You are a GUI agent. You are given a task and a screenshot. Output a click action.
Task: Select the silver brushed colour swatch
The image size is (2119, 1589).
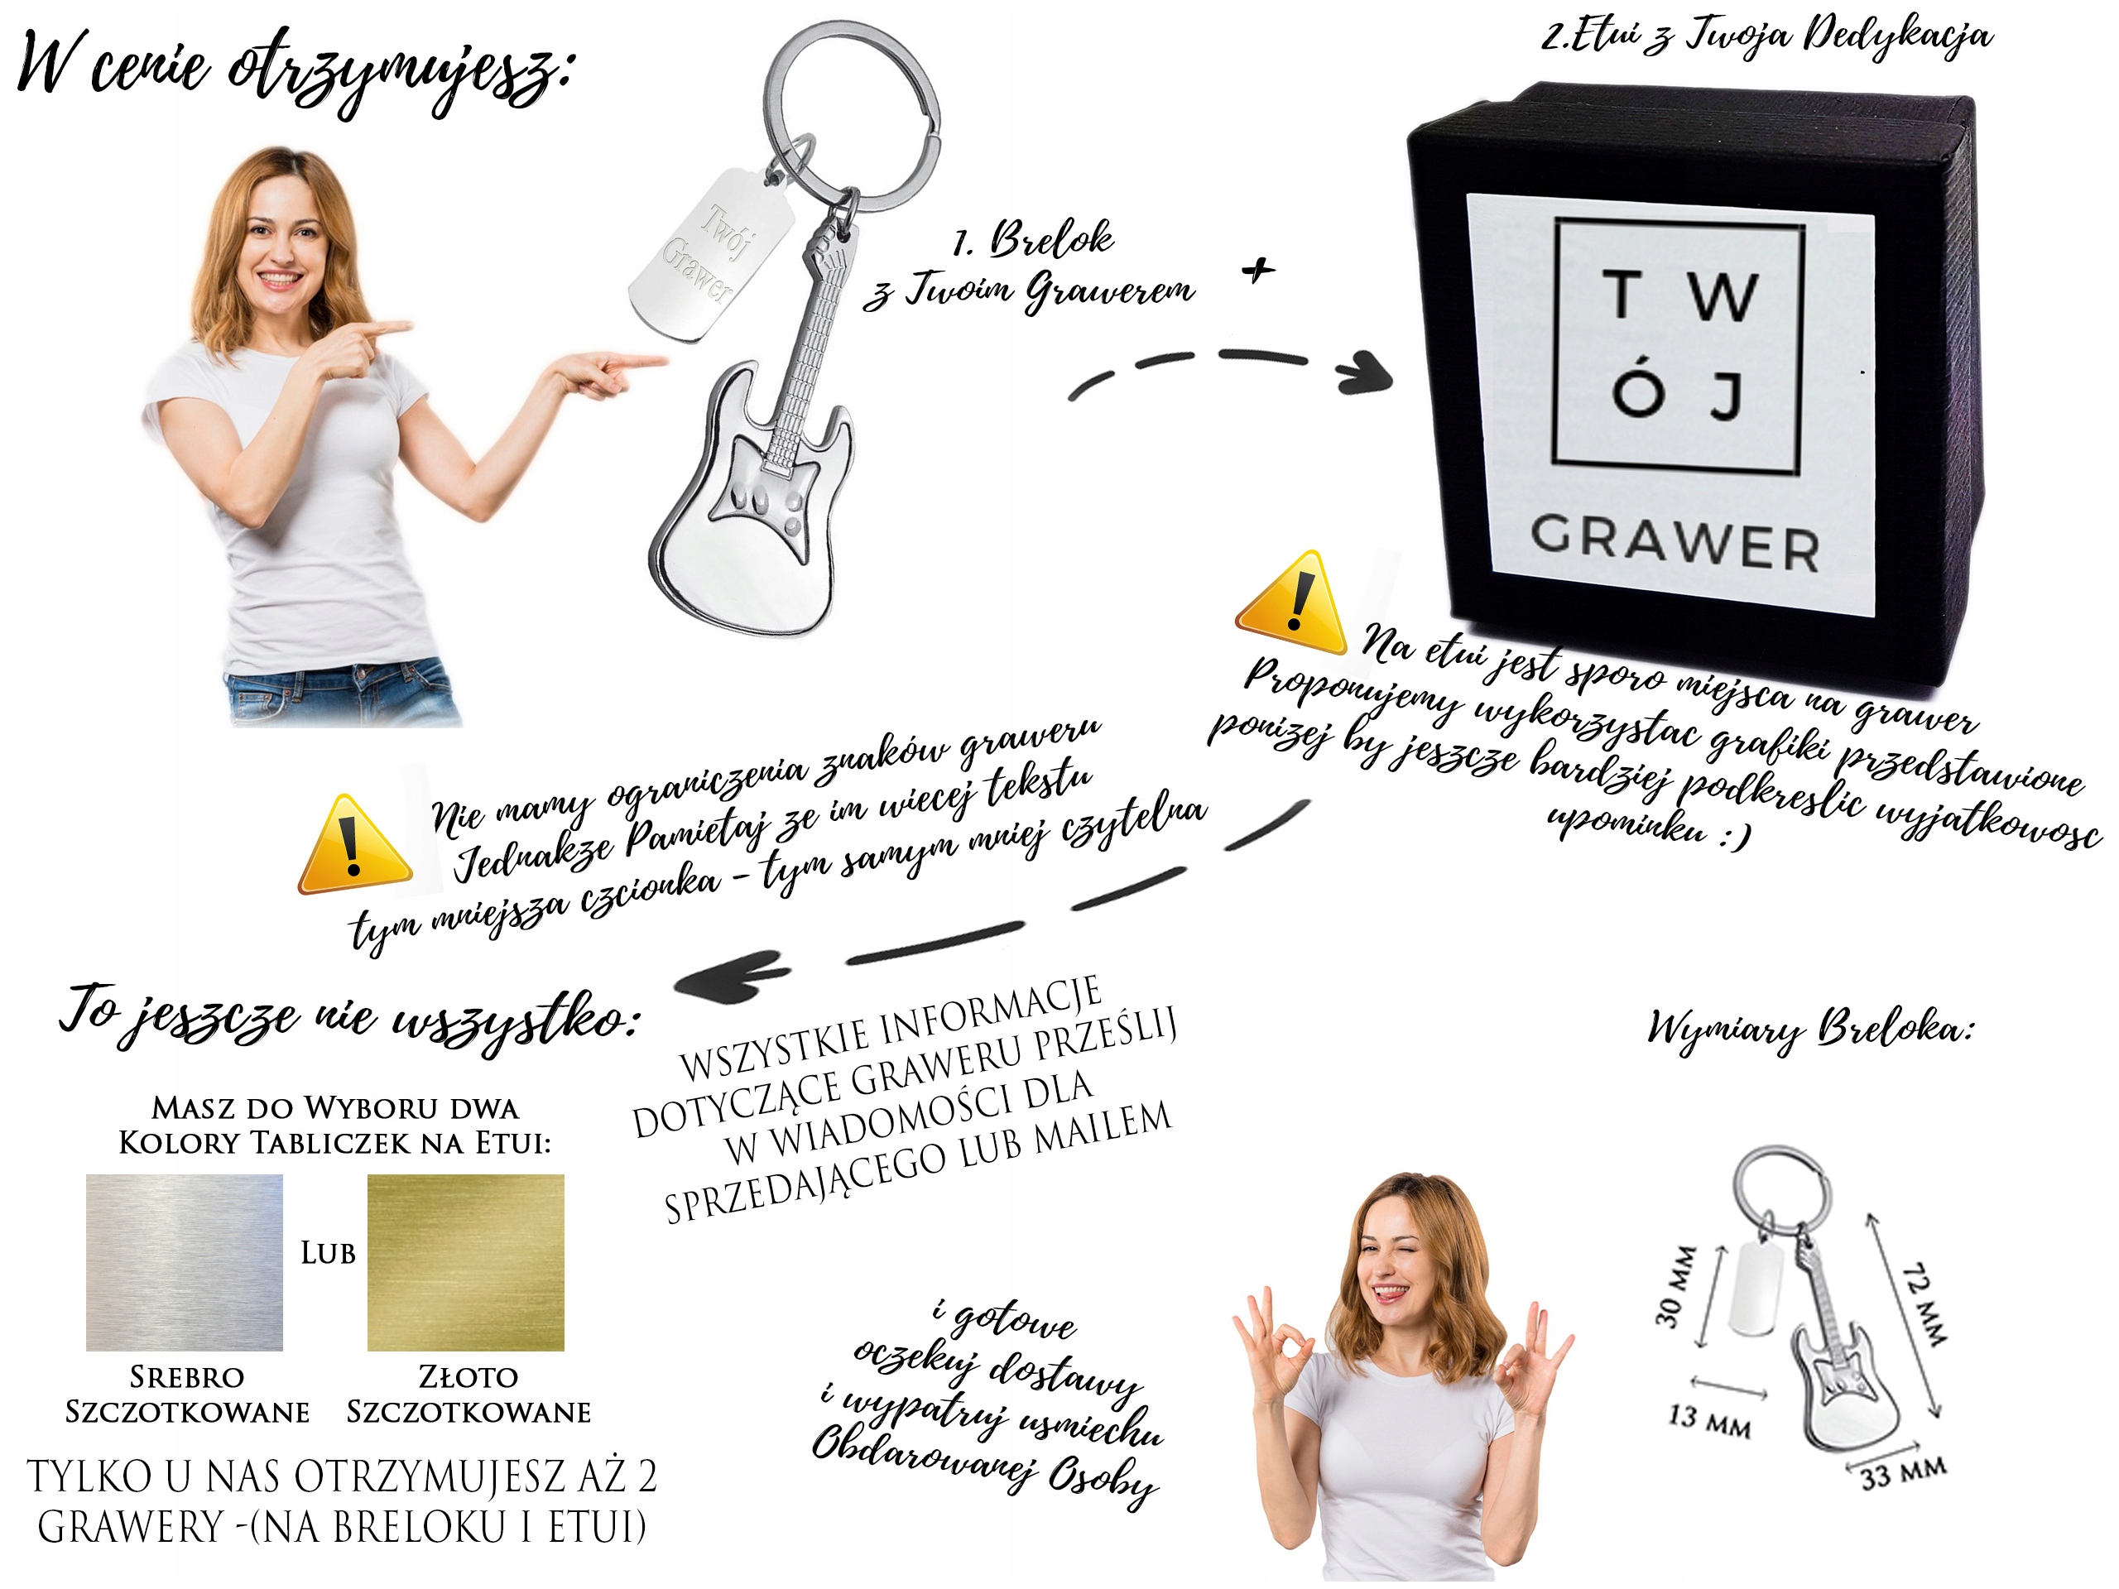pos(184,1262)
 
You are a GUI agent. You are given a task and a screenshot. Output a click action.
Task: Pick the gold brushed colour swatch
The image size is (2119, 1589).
pos(465,1262)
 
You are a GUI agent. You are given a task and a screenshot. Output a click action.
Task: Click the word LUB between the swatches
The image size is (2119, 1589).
pos(328,1253)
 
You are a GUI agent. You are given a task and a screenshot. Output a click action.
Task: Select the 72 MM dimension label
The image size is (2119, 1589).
pos(1924,1304)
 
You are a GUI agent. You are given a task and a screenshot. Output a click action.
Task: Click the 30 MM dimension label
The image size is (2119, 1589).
pos(1675,1286)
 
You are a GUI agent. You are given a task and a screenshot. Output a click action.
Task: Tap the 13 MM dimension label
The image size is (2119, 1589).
pos(1709,1420)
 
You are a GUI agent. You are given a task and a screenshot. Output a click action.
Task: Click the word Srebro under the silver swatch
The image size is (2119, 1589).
pos(187,1377)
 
